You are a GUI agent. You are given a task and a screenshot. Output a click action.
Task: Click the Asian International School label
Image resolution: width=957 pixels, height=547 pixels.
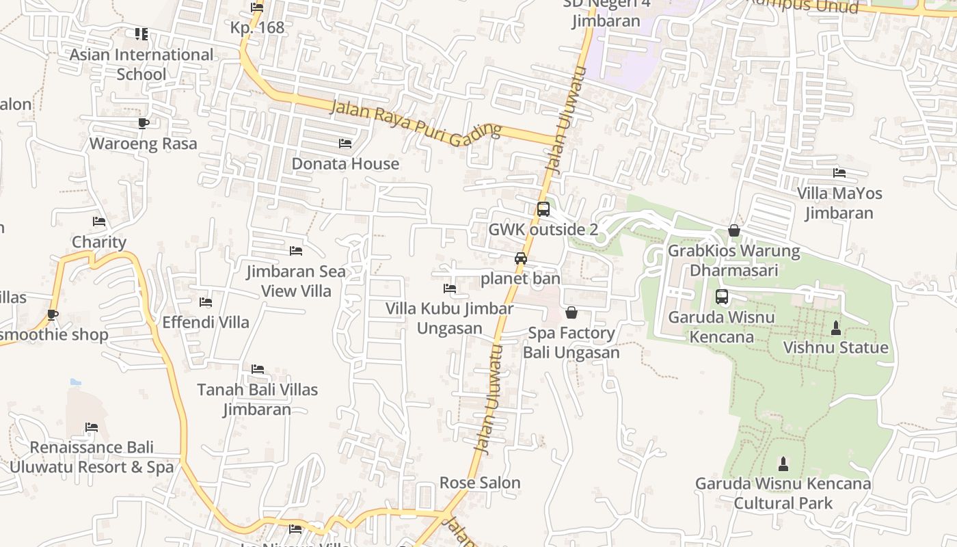(x=141, y=64)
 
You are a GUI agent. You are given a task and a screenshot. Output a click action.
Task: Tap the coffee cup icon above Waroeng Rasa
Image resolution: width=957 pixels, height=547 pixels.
(x=143, y=123)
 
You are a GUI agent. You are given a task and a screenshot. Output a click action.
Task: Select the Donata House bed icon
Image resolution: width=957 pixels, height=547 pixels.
(x=345, y=143)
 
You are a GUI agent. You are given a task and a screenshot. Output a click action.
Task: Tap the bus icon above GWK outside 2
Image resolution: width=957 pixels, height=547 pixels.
(x=543, y=209)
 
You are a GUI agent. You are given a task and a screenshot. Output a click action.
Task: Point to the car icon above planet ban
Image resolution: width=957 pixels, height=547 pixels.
(x=521, y=258)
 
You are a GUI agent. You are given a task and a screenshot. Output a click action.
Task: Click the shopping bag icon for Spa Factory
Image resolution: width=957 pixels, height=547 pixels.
(x=571, y=312)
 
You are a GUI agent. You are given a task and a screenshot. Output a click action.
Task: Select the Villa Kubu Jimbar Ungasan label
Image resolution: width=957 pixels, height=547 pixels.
(x=449, y=318)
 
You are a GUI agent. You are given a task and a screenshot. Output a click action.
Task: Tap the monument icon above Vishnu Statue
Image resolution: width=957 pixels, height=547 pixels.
(x=835, y=328)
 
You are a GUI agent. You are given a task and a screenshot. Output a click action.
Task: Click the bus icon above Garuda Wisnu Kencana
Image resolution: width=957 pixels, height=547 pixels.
(x=722, y=297)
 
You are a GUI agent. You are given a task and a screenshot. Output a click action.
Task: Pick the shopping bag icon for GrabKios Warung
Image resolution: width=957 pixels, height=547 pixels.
(x=734, y=230)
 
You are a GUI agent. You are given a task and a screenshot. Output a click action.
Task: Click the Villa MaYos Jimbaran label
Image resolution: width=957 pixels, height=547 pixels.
(x=839, y=203)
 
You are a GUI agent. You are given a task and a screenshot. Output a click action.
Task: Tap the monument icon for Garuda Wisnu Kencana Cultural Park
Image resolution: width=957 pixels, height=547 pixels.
(x=783, y=464)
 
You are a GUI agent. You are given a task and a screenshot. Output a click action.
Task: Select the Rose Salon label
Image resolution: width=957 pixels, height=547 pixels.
(x=480, y=483)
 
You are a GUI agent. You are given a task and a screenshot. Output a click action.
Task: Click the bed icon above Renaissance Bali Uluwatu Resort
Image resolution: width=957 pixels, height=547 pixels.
(x=92, y=427)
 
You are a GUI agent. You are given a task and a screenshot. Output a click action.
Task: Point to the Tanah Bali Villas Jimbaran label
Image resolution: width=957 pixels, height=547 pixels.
(x=258, y=399)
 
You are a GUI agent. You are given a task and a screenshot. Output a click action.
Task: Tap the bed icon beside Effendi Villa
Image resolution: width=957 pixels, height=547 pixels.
(x=205, y=302)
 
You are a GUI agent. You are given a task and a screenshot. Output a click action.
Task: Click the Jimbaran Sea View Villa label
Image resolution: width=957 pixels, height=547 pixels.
(x=296, y=281)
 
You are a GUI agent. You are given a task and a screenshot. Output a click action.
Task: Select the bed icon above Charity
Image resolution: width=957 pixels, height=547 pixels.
(x=99, y=222)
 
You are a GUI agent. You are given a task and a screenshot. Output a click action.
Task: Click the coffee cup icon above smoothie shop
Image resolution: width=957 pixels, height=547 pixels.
(x=53, y=315)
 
